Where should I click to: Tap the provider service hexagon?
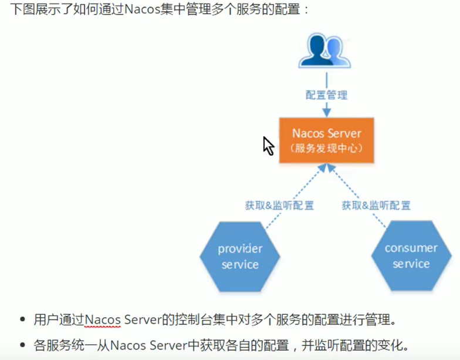click(240, 257)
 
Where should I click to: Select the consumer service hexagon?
click(411, 256)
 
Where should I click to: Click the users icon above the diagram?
click(324, 51)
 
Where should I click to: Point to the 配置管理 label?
click(326, 95)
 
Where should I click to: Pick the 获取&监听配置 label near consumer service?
click(376, 206)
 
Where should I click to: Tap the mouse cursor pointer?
click(268, 145)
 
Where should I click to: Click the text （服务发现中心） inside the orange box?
click(326, 149)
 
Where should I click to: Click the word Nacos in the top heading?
click(143, 9)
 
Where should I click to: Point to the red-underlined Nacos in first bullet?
click(103, 320)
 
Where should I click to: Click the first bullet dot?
click(22, 320)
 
